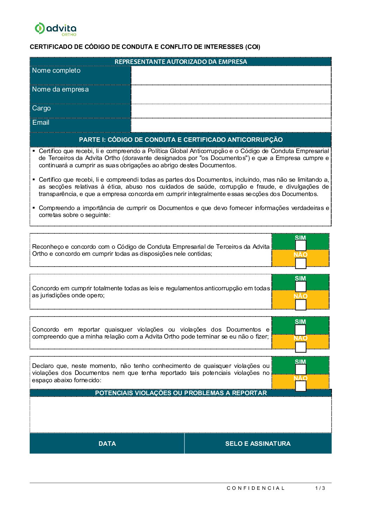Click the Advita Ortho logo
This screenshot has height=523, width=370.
[55, 29]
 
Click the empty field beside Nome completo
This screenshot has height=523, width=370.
[231, 75]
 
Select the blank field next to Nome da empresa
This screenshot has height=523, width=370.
[231, 94]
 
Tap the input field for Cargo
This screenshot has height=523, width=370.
[231, 111]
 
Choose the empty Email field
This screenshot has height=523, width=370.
[231, 125]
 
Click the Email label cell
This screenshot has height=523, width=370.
[80, 125]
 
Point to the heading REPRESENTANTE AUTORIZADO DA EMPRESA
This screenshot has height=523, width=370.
[181, 62]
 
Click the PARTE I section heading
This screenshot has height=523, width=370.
[181, 140]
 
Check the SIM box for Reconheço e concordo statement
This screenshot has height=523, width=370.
[300, 246]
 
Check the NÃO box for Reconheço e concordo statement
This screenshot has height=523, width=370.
[300, 263]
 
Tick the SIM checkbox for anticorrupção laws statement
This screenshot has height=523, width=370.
[300, 286]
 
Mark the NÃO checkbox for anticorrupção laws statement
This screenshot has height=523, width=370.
[300, 305]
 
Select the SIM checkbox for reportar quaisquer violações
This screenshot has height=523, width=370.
[300, 330]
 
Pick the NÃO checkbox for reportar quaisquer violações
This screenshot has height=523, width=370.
[300, 347]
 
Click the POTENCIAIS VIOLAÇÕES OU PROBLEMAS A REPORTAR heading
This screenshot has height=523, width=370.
[181, 393]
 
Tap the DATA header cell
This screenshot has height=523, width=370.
[107, 444]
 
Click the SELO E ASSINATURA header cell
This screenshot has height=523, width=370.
[258, 444]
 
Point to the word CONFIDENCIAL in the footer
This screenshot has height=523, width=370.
[256, 488]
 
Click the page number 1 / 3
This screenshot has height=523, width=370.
[320, 488]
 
